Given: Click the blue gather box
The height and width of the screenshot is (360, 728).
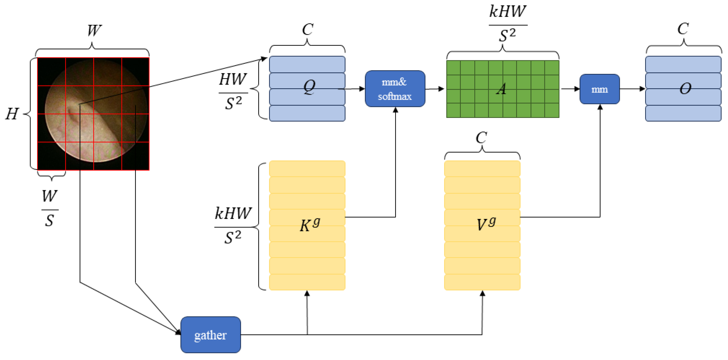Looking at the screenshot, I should coord(211,335).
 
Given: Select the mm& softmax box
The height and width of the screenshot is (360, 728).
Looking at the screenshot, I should coord(395,89).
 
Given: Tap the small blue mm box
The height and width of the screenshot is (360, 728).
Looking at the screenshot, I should coord(599,89).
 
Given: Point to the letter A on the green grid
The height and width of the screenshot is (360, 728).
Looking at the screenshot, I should coord(501,89).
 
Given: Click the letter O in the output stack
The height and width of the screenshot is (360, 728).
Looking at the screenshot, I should coord(685,89).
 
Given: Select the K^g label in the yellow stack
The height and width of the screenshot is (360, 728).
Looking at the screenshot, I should coord(310,225).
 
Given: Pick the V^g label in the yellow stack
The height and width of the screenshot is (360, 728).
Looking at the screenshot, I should coord(486,224).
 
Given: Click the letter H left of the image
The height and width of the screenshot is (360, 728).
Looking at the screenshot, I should coord(12,114).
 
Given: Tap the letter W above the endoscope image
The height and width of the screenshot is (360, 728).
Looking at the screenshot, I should coord(94,30).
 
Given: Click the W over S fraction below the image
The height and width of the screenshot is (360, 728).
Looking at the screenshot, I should coord(50,208).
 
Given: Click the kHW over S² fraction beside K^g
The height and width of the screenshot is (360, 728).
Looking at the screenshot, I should coord(233,225).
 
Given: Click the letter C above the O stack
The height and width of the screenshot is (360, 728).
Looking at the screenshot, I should coord(683,29).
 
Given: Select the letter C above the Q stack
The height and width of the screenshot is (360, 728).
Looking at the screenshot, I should coord(308,29).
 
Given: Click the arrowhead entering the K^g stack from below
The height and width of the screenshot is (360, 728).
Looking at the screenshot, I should coord(307,294).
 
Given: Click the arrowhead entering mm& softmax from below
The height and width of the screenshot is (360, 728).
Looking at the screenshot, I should coord(395,110).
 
